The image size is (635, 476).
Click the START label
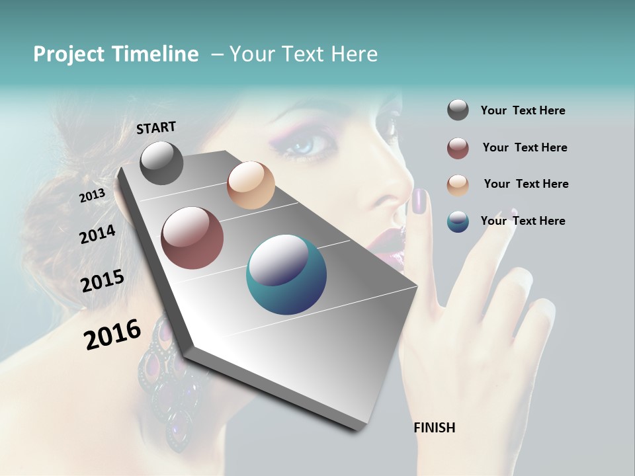coord(156,128)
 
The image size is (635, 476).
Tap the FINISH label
coord(435,428)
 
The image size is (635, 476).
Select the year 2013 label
coord(92,196)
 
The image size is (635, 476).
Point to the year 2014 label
coord(97,234)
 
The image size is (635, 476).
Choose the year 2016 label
coord(112,335)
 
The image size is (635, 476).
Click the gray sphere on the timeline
coord(161,163)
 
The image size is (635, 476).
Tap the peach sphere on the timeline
coord(251,185)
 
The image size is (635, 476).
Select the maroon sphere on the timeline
coord(192,238)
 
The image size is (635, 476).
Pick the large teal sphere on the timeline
coord(286,275)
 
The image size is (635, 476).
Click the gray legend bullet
coord(458,110)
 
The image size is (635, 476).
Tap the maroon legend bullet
coord(458,148)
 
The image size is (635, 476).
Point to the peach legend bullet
coord(458,184)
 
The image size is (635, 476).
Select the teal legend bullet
coord(458,221)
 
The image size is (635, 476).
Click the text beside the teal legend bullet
coord(523,221)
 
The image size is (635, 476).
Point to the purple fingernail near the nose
coord(419,201)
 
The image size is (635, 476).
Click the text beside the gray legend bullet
coord(523,110)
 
